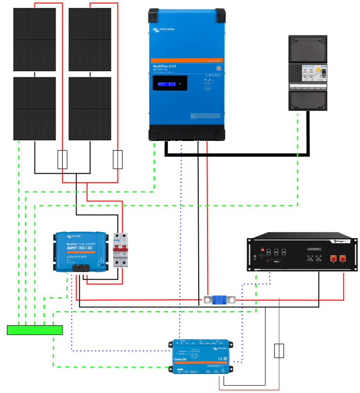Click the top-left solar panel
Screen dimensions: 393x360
point(34,39)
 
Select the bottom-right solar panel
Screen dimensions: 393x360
point(90,109)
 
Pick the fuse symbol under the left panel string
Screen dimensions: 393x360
point(62,160)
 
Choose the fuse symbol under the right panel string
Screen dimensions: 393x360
point(118,160)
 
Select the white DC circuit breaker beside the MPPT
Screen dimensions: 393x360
point(118,250)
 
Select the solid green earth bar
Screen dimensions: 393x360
point(34,330)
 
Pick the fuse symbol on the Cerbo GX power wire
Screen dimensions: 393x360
point(279,351)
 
